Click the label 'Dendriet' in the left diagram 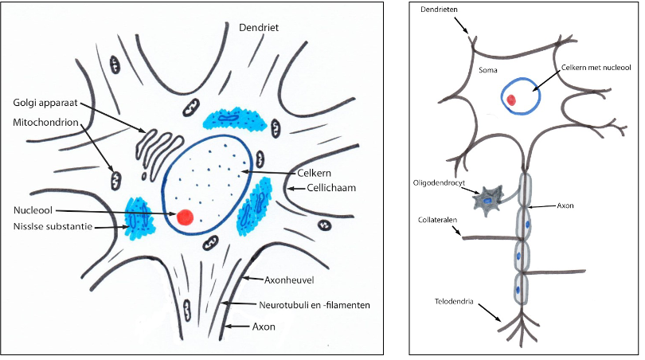262,28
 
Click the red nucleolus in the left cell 185,216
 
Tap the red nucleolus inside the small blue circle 513,100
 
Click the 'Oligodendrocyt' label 440,182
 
